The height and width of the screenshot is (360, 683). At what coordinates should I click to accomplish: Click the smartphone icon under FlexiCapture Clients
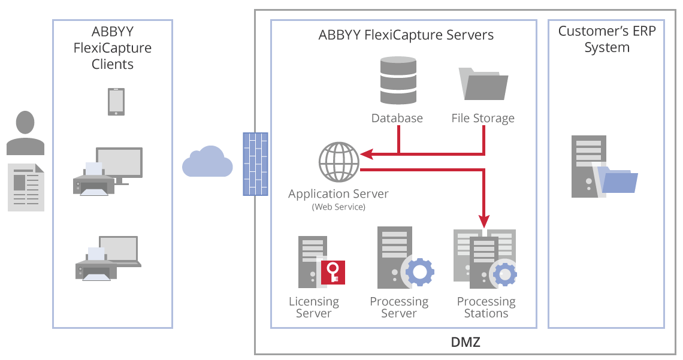tap(116, 101)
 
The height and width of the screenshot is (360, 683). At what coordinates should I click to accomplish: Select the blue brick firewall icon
tap(255, 164)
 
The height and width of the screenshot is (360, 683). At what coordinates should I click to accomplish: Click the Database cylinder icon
tap(397, 80)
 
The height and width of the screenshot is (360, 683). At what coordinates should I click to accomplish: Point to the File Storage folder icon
tap(483, 84)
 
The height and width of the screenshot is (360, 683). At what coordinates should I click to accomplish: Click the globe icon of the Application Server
tap(339, 161)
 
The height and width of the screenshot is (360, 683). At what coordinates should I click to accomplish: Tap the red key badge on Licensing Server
tap(333, 272)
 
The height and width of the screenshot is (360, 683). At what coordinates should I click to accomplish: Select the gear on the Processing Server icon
tap(420, 272)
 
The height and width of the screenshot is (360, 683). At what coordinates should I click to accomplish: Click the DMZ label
tap(465, 343)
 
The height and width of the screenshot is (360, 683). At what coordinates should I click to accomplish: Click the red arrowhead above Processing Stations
tap(484, 220)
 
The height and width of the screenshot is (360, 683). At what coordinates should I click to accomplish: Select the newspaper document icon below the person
tap(26, 187)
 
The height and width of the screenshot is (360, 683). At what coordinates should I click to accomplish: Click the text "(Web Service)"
tap(339, 207)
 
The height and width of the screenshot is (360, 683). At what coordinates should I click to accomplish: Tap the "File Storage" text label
tap(483, 118)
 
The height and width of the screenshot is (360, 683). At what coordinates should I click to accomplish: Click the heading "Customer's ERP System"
tap(607, 39)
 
